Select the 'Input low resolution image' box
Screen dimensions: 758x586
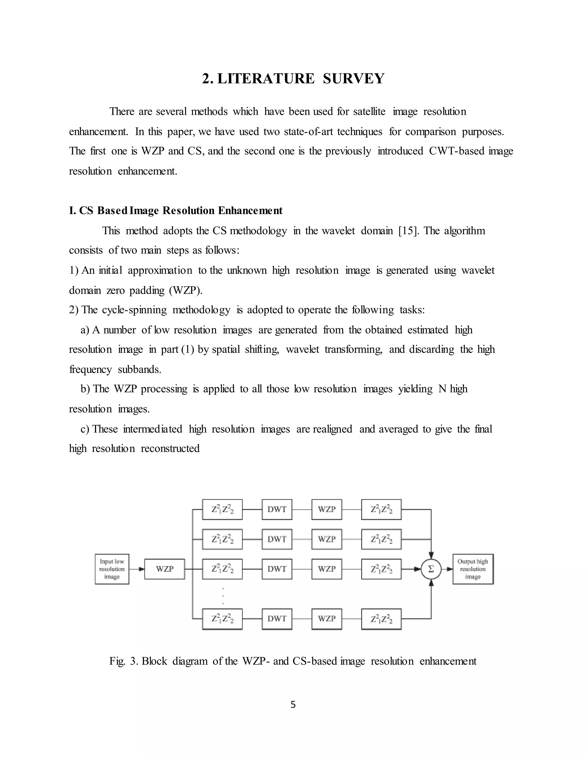pos(112,569)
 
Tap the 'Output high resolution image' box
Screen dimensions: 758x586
pos(473,569)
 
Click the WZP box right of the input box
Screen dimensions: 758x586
pos(165,569)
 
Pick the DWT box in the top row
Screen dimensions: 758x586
pos(277,509)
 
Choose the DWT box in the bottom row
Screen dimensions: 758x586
pos(277,619)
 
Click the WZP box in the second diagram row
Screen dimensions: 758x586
pos(327,539)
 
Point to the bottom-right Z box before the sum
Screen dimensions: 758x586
pos(381,619)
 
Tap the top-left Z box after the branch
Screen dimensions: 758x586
pos(222,509)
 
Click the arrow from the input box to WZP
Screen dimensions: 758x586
pos(137,569)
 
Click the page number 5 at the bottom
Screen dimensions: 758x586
pos(293,705)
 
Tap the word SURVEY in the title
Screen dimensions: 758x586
pos(353,78)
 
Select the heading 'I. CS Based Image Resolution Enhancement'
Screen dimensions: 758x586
pos(176,211)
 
